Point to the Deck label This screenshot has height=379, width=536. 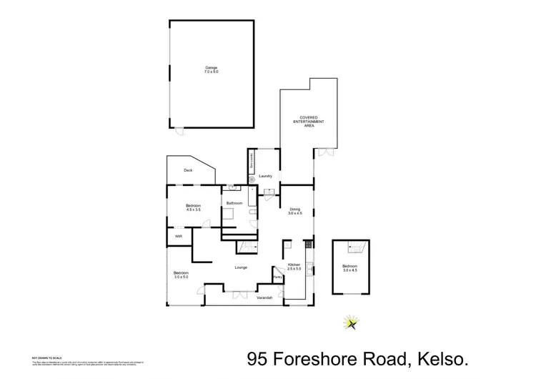click(x=188, y=170)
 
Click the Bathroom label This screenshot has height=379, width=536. click(x=234, y=204)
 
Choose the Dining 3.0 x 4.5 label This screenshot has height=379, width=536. click(x=295, y=212)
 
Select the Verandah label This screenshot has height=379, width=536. click(x=264, y=297)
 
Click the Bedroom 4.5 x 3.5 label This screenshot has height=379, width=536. click(x=194, y=208)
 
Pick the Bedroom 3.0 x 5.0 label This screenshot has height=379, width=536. click(x=181, y=275)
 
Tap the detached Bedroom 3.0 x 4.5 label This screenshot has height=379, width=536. click(x=350, y=269)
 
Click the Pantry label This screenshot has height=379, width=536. click(x=277, y=277)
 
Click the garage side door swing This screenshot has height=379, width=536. click(x=180, y=131)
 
